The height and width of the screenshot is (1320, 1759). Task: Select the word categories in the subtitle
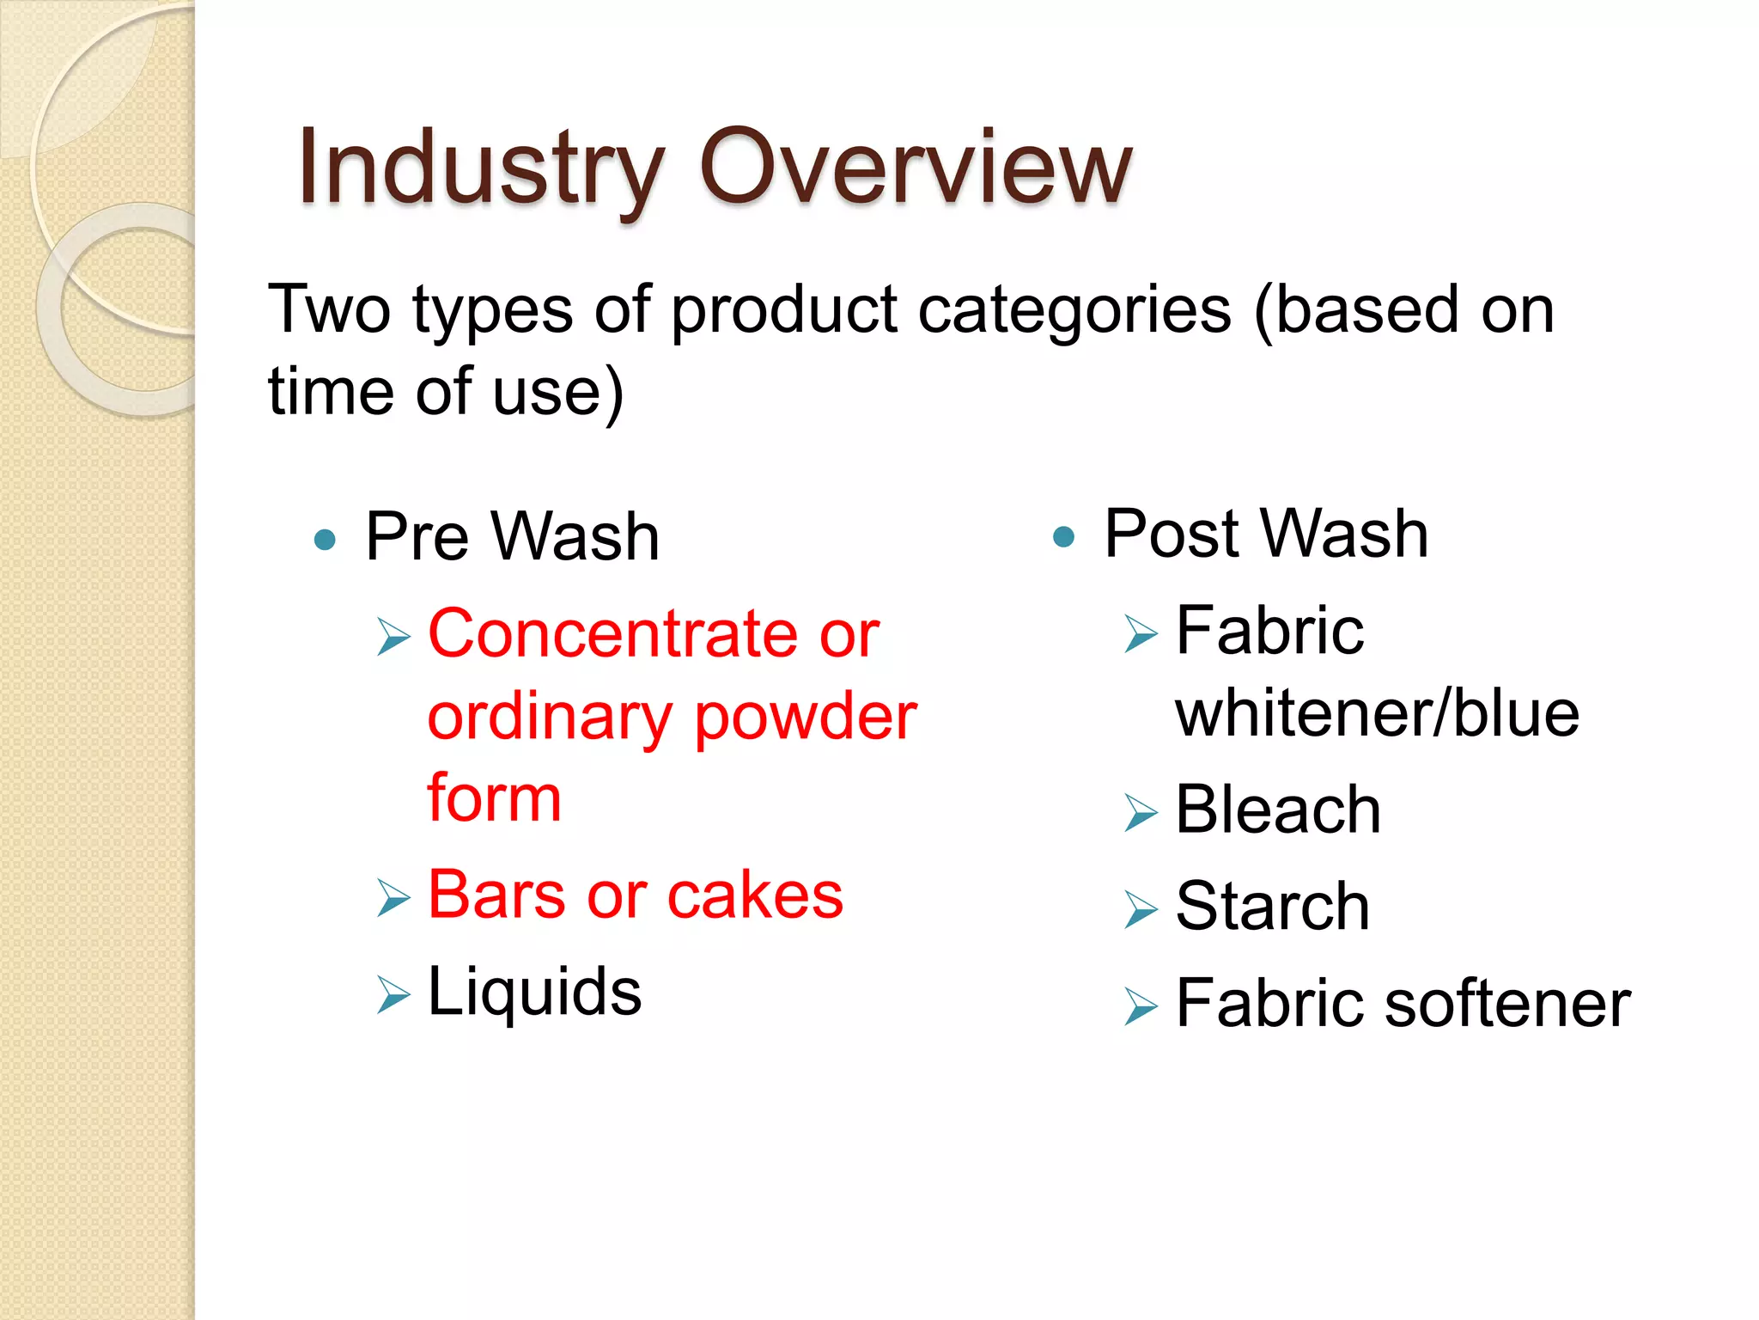(1074, 310)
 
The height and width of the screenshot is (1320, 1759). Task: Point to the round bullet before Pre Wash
(325, 540)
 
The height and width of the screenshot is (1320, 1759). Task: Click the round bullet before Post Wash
(1063, 537)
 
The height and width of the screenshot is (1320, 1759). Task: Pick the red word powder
(805, 718)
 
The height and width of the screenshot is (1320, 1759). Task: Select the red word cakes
(755, 895)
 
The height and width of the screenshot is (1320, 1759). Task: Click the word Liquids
(534, 992)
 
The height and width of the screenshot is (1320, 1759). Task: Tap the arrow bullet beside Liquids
(393, 995)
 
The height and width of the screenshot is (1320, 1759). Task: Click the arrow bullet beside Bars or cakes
(393, 898)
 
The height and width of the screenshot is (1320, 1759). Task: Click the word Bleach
(1278, 810)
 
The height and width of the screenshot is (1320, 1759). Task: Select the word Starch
(1272, 907)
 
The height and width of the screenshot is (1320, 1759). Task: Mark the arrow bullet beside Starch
(1141, 910)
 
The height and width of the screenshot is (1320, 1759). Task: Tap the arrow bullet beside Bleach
(1141, 813)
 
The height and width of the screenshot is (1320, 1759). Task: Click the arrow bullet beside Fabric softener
(1141, 1006)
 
